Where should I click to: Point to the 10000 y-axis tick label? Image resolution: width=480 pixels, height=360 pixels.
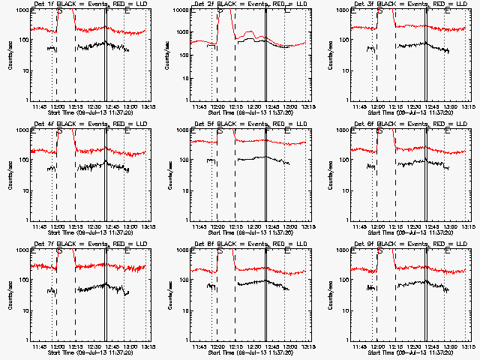point(181,11)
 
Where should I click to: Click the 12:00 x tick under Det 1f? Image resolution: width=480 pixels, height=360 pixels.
point(57,106)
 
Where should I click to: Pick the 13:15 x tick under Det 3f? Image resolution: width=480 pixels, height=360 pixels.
point(466,106)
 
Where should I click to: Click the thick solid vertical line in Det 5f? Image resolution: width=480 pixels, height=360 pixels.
point(265,172)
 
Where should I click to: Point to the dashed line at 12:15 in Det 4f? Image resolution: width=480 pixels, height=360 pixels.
point(75,172)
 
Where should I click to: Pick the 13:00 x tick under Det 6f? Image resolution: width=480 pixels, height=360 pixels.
point(450,226)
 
